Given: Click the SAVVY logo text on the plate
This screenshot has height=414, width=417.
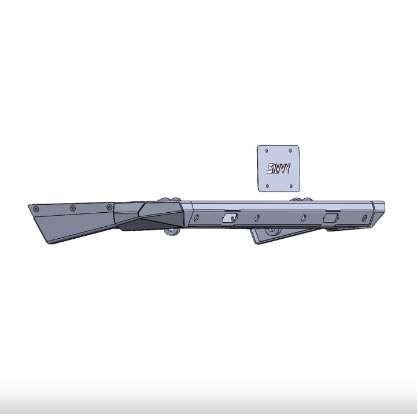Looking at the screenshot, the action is click(278, 168).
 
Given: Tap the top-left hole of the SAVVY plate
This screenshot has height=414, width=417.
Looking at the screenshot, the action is click(267, 151).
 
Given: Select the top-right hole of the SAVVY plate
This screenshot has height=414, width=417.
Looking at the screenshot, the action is click(290, 151).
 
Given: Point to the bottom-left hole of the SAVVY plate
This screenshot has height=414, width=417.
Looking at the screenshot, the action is click(268, 186).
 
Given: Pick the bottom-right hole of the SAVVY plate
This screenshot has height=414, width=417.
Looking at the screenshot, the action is click(291, 186).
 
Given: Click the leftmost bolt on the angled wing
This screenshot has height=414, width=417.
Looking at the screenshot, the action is click(36, 209).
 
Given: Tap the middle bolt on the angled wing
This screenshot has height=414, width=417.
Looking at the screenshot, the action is click(73, 208).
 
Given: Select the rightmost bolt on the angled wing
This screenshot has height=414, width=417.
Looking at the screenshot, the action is click(109, 207).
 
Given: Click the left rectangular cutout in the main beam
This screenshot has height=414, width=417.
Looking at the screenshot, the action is click(230, 218).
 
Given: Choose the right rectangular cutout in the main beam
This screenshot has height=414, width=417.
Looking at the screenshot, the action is click(330, 218).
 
